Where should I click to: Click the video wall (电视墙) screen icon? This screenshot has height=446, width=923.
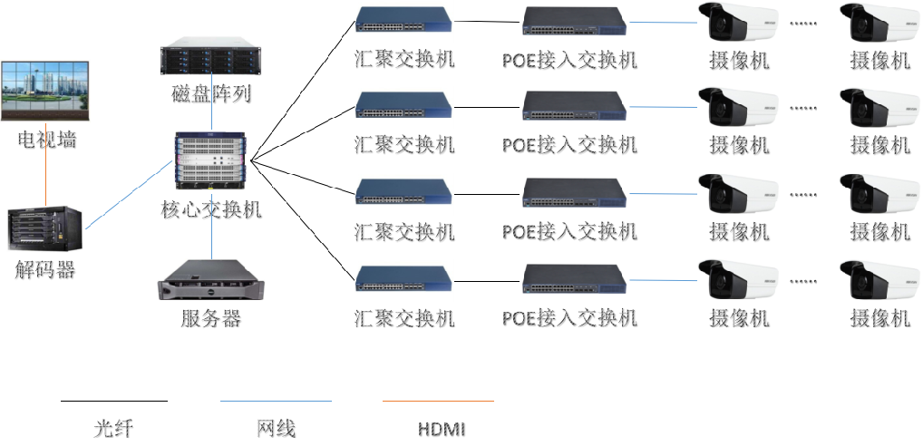[45, 91]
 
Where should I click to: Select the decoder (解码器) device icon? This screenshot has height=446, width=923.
[44, 230]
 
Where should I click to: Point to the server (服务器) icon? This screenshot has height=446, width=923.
[210, 280]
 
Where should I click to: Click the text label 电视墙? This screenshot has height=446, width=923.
[45, 140]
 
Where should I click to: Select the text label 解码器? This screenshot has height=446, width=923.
[44, 269]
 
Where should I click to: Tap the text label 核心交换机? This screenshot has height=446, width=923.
[211, 209]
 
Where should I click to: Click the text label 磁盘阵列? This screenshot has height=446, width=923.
[210, 93]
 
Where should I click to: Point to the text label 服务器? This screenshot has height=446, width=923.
[210, 319]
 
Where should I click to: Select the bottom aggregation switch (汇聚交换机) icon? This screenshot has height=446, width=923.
[403, 278]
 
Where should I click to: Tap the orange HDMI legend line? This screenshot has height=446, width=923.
[438, 399]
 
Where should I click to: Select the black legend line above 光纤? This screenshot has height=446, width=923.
[114, 399]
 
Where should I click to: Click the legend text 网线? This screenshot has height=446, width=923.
[277, 428]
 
